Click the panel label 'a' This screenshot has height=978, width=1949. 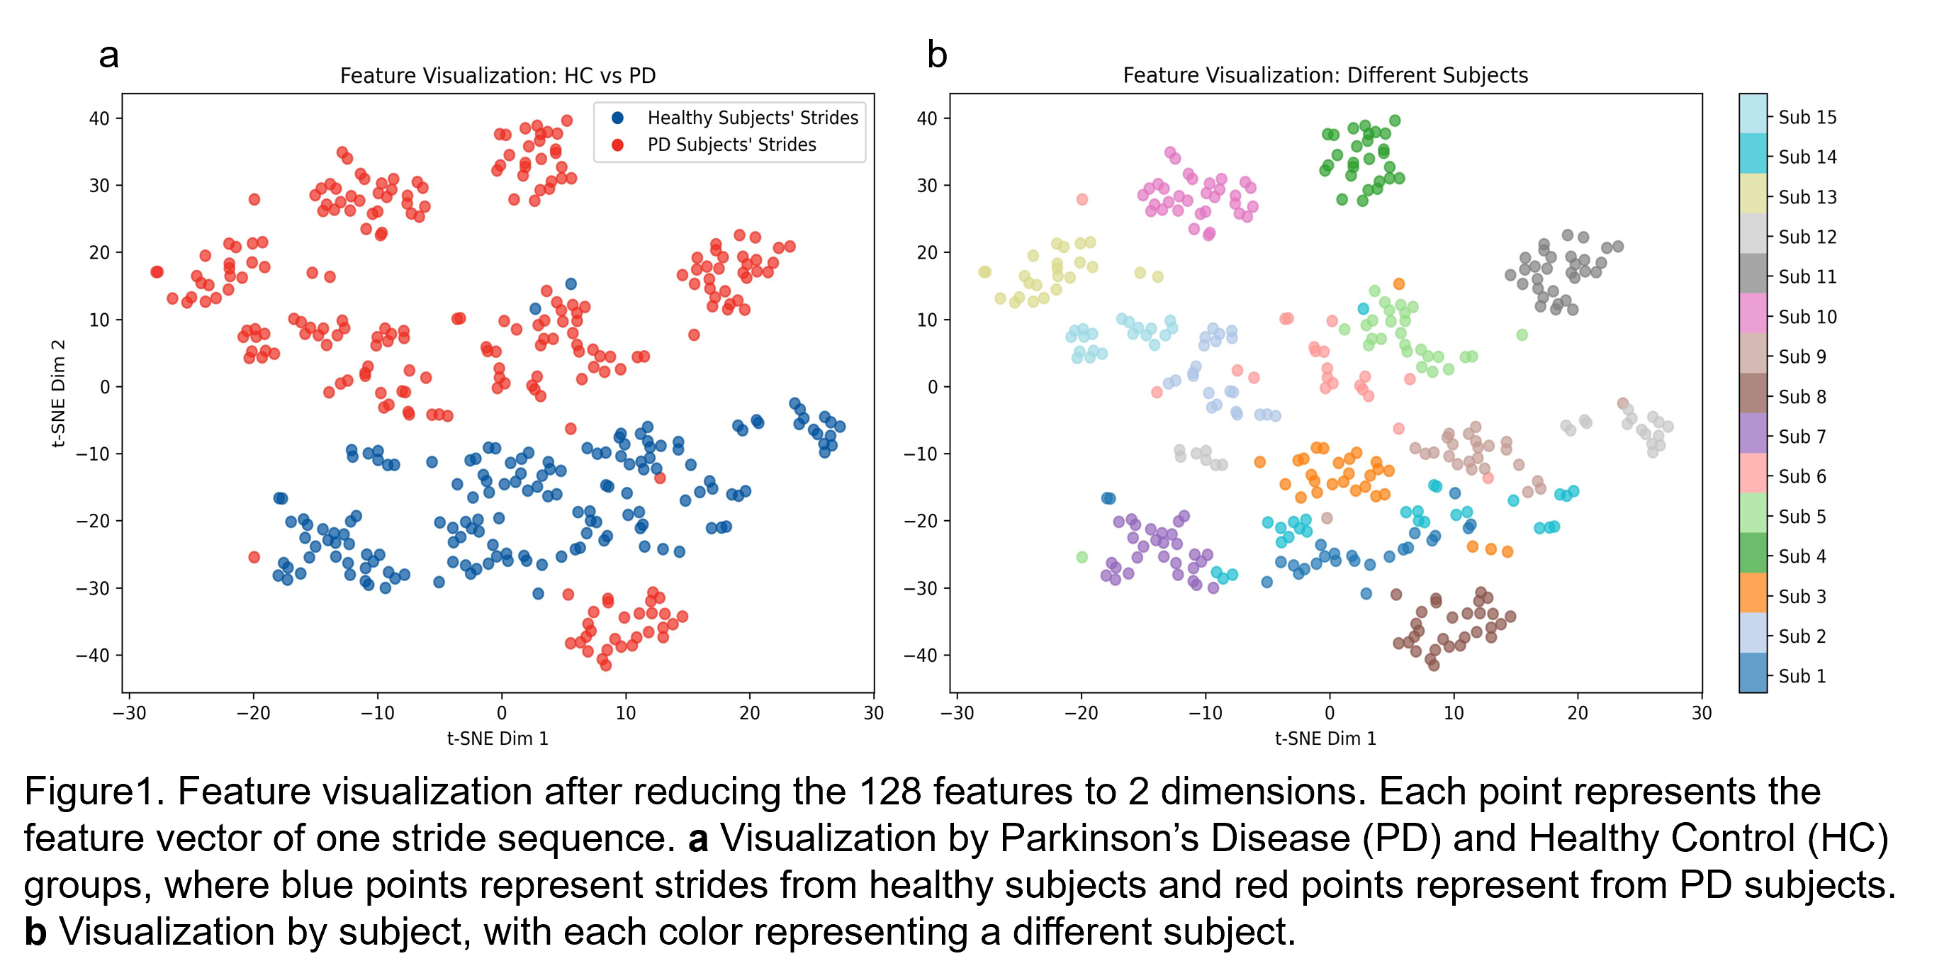point(109,56)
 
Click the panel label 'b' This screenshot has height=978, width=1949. point(937,55)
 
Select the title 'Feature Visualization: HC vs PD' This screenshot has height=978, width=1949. point(497,76)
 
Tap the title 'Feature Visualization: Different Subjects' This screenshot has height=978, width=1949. point(1325,76)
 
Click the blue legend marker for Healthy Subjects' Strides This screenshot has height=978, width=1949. point(617,118)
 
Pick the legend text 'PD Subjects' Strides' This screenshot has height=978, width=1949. point(731,145)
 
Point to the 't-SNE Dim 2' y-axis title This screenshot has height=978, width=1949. point(58,393)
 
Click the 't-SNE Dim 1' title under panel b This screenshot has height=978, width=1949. point(1325,738)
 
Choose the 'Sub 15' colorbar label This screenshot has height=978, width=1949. point(1807,117)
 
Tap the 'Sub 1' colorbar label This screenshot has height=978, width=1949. point(1802,676)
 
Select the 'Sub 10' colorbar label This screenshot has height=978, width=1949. point(1807,317)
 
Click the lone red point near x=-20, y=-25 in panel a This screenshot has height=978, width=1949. point(254,558)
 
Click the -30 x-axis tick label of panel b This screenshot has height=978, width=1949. point(956,713)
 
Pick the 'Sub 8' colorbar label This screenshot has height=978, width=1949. point(1802,397)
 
